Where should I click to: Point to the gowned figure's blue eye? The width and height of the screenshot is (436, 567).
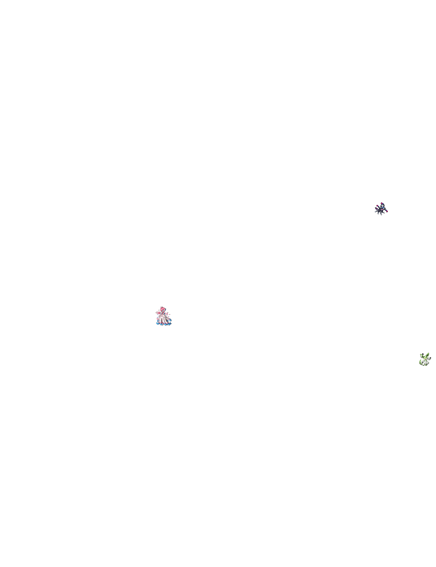pos(163,310)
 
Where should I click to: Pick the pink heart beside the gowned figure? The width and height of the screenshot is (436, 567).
pos(159,313)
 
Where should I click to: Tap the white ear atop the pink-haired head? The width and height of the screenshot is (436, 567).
pos(161,307)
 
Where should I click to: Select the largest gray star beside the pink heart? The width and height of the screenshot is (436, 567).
pos(156,313)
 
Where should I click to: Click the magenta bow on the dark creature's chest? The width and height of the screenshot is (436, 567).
pos(382,209)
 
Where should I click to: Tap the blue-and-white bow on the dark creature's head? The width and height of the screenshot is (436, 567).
pos(383,207)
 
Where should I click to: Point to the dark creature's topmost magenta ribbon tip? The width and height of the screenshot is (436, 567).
pos(381,203)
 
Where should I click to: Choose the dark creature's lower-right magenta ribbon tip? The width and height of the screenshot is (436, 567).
pos(387,211)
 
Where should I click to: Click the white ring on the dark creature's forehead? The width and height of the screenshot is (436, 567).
pos(381,207)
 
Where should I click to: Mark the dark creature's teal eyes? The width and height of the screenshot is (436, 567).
pos(381,208)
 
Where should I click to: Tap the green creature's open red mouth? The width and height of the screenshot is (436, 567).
pos(426,359)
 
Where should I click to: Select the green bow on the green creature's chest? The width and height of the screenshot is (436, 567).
pos(426,360)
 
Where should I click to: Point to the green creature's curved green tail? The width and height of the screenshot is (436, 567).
pos(420,362)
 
